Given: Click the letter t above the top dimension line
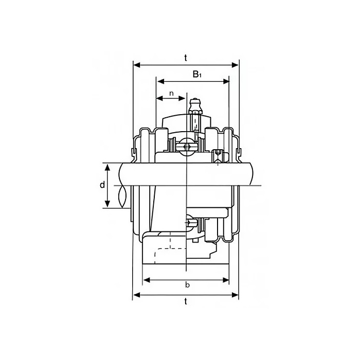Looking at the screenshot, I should click(x=186, y=58).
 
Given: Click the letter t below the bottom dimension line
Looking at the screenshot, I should click(x=186, y=302).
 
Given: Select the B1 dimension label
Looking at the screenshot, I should click(x=197, y=75).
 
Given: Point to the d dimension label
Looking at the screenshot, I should click(x=102, y=185).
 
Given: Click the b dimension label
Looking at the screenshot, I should click(x=187, y=285).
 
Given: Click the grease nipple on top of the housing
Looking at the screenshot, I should click(x=195, y=106).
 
